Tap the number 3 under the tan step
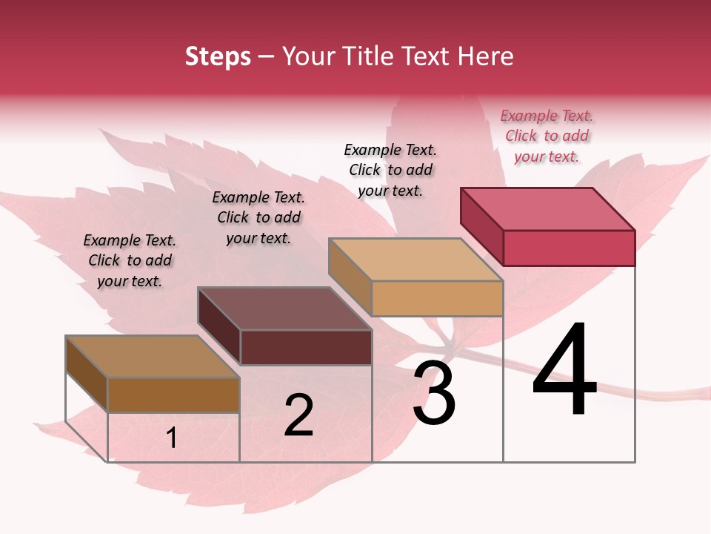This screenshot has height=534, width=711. (434, 393)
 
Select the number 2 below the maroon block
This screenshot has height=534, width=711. (298, 415)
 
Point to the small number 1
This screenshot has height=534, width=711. (172, 438)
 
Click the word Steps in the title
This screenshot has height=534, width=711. (218, 56)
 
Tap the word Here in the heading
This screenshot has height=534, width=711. (487, 56)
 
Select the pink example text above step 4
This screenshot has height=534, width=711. (547, 136)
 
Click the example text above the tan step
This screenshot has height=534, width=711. (390, 170)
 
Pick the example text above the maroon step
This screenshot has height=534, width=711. (258, 217)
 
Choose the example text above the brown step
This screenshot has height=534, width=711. (130, 260)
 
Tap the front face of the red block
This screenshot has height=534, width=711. (569, 248)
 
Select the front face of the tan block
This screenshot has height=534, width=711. (437, 298)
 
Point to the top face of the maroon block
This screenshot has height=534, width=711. (284, 309)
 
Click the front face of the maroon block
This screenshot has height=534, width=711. (306, 347)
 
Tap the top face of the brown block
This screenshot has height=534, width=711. (153, 357)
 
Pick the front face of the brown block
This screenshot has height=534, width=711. (173, 395)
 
